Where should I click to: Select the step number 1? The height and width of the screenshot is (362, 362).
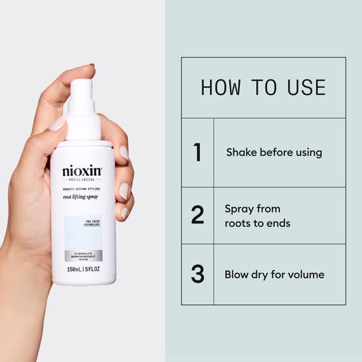tap(198, 153)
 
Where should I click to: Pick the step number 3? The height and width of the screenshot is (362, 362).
tap(198, 274)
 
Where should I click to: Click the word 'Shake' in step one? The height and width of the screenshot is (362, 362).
tap(240, 153)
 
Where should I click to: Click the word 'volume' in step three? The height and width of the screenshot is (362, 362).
tap(304, 274)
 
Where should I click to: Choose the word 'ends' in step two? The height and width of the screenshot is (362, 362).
tap(279, 223)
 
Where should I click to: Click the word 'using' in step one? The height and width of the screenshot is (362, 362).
tap(308, 153)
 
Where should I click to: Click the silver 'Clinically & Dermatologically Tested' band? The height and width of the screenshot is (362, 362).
tap(82, 255)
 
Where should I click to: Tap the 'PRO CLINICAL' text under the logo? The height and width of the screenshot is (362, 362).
tap(82, 180)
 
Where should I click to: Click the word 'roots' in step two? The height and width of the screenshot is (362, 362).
tap(239, 223)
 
